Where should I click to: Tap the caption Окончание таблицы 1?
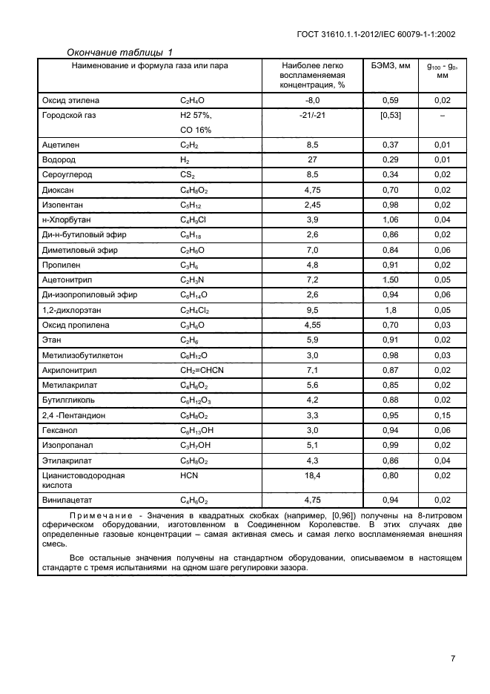tap(119, 52)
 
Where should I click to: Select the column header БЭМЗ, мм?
tap(390, 66)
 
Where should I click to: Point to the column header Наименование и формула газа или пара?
tap(149, 66)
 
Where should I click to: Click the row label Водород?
tap(59, 159)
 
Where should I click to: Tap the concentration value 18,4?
tap(312, 475)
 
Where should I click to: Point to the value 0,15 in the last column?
tap(443, 415)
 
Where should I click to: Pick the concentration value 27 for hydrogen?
tap(312, 159)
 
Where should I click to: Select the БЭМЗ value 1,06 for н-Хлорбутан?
tap(390, 219)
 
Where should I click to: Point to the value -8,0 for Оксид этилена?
tap(312, 100)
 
